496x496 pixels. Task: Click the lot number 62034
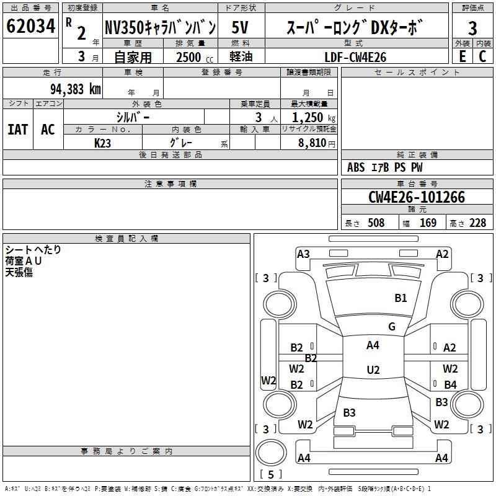click(30, 26)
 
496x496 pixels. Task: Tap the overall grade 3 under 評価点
click(472, 29)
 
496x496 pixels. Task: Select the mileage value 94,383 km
click(76, 89)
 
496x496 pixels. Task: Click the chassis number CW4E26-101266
click(417, 197)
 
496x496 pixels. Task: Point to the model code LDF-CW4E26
click(355, 57)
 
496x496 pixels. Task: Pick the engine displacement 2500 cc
click(195, 57)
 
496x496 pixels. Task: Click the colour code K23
click(102, 143)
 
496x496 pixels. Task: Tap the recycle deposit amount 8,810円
click(317, 143)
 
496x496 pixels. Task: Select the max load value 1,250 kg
click(314, 118)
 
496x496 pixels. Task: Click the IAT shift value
click(18, 130)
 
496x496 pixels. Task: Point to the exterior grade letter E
click(463, 56)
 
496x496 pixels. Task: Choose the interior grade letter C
click(482, 56)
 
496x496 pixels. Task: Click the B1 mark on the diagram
click(401, 298)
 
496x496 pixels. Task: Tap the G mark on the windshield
click(392, 326)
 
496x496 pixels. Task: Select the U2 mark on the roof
click(373, 370)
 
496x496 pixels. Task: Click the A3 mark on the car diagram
click(303, 254)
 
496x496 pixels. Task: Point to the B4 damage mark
click(450, 384)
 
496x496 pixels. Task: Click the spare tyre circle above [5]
click(271, 453)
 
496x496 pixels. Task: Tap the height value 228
click(477, 223)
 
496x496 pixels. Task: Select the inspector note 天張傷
click(19, 272)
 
